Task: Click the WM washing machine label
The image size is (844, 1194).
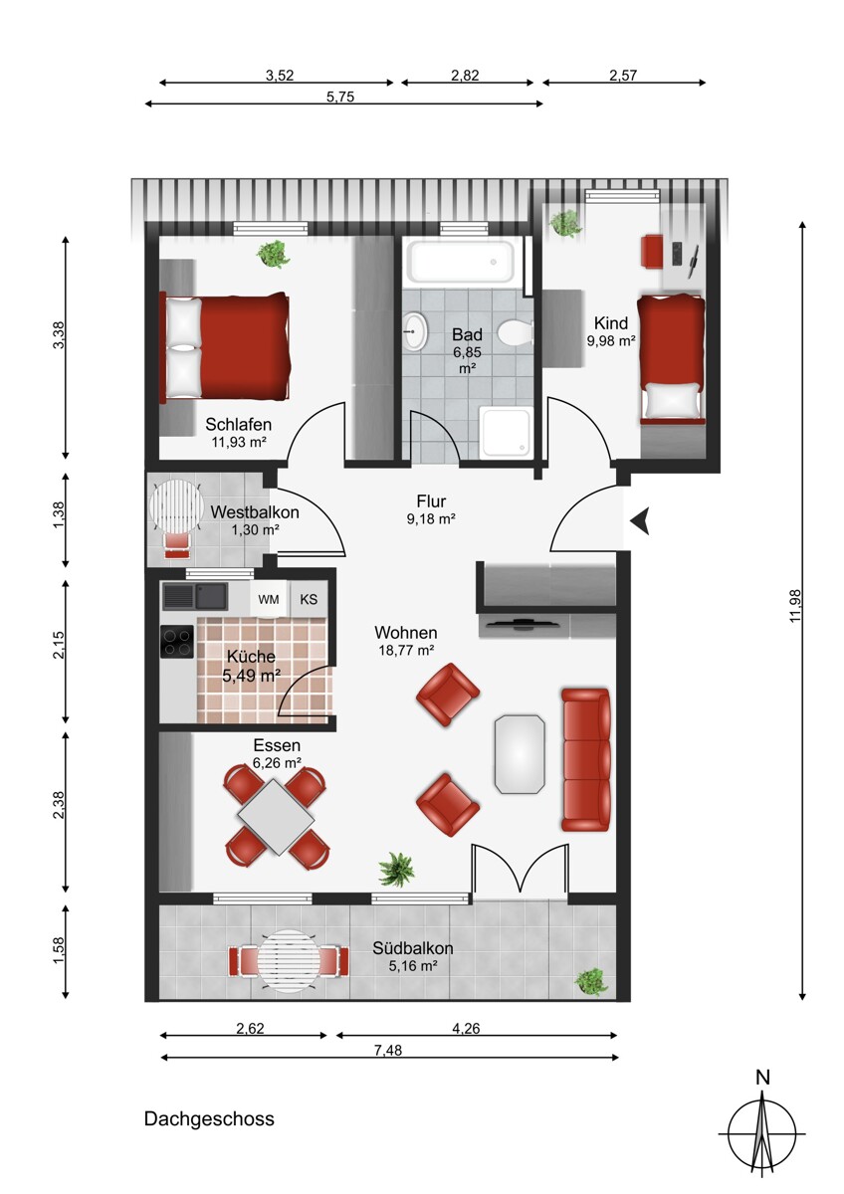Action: pyautogui.click(x=268, y=599)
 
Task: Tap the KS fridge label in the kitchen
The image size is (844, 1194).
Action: pyautogui.click(x=309, y=599)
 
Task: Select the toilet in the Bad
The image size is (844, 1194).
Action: pyautogui.click(x=516, y=332)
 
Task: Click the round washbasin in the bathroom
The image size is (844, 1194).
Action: pyautogui.click(x=415, y=331)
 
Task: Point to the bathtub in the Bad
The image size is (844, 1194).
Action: pyautogui.click(x=460, y=263)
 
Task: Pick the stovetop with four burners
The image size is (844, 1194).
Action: pyautogui.click(x=177, y=641)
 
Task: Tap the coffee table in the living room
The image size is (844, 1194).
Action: pyautogui.click(x=520, y=754)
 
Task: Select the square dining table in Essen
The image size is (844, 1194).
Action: pyautogui.click(x=276, y=817)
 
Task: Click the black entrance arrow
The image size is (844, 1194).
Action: pyautogui.click(x=640, y=520)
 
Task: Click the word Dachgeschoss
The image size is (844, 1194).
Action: pyautogui.click(x=209, y=1118)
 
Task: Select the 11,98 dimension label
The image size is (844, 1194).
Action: pyautogui.click(x=795, y=606)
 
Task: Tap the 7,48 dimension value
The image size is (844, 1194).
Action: pyautogui.click(x=388, y=1050)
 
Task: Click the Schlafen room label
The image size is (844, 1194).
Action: pyautogui.click(x=238, y=424)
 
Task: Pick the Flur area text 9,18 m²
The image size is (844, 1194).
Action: pyautogui.click(x=431, y=518)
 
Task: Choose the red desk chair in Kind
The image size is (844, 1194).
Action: pyautogui.click(x=652, y=249)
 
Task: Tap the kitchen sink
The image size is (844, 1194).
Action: pyautogui.click(x=195, y=596)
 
